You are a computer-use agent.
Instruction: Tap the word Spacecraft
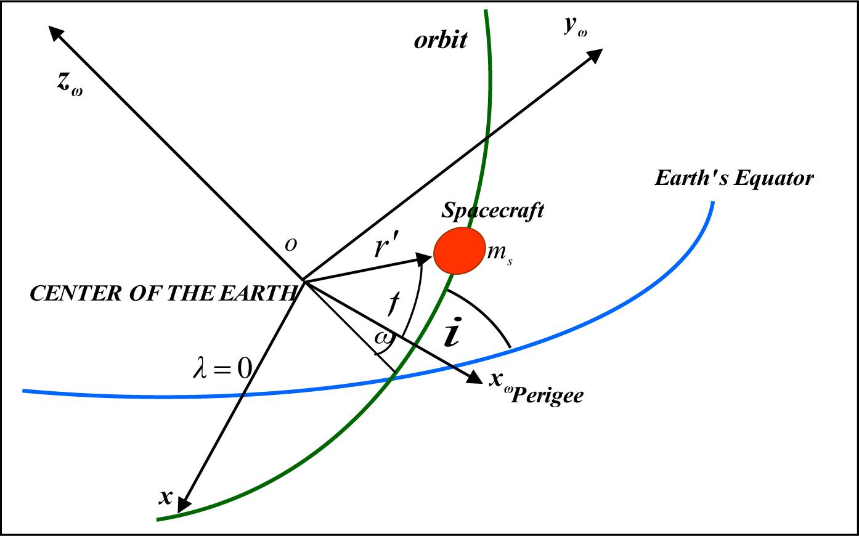[492, 211]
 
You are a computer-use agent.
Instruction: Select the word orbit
[441, 40]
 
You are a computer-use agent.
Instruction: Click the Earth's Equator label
[734, 178]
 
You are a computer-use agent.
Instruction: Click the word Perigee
[547, 396]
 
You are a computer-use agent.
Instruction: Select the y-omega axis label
[575, 27]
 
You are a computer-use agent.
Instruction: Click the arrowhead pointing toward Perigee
[474, 376]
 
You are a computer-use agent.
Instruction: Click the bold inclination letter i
[452, 331]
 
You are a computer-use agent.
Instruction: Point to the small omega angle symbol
[383, 338]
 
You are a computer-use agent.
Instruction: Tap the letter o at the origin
[291, 245]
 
